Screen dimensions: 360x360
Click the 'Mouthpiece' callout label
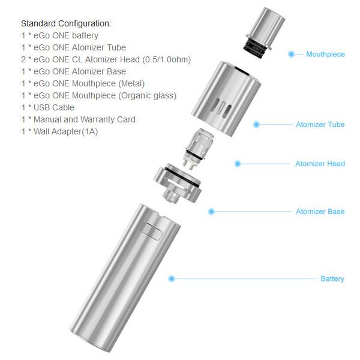325,55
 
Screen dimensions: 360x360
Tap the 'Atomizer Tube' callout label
320,124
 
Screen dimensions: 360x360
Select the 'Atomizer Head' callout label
320,164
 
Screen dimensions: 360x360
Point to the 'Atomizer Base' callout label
320,211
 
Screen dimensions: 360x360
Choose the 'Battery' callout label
332,279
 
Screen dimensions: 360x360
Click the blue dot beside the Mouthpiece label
291,54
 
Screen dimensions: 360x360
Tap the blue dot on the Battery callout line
172,279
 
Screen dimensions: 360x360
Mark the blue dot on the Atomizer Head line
238,164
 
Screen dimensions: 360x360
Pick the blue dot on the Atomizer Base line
211,211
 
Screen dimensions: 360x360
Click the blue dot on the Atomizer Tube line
256,124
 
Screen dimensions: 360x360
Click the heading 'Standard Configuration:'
66,23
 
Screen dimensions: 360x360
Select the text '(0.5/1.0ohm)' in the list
166,59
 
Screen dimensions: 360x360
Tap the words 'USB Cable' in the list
54,107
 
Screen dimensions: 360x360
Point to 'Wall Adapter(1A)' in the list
65,131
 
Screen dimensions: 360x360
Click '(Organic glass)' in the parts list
147,95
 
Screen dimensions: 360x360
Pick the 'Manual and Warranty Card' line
85,119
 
